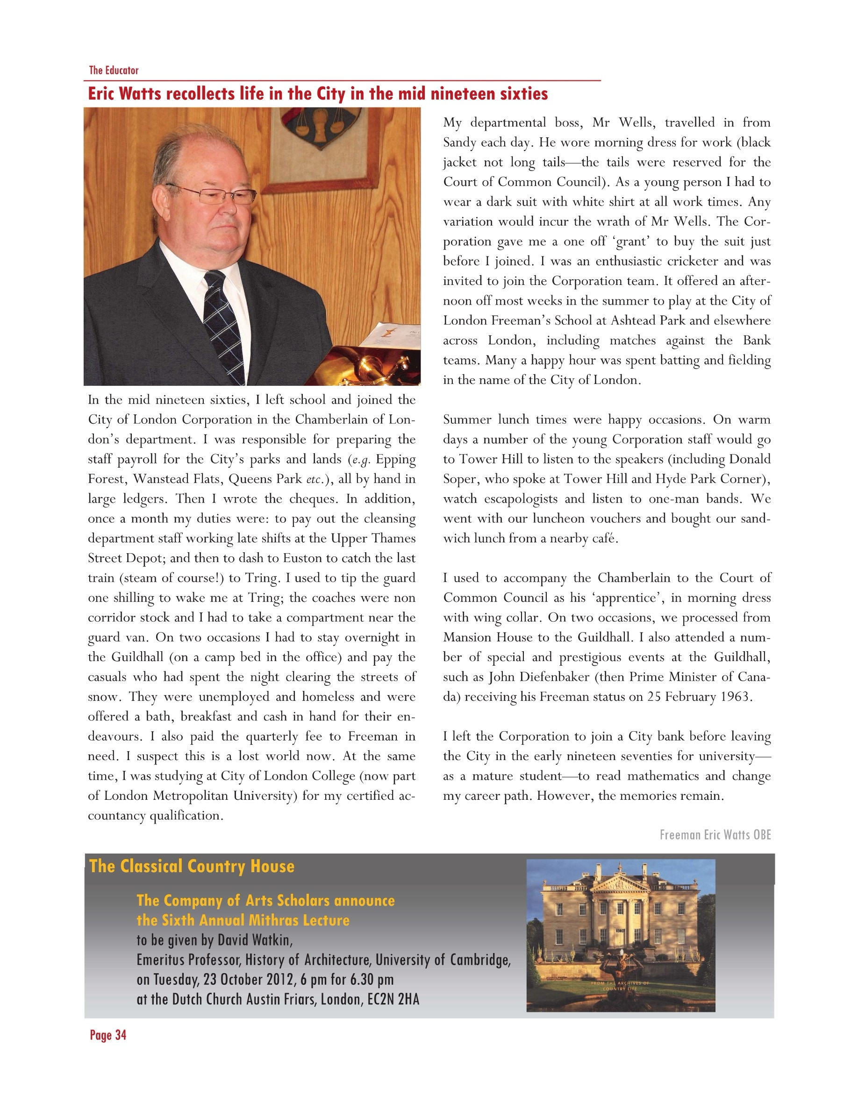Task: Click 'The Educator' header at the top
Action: click(x=114, y=70)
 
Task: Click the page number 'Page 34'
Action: click(x=108, y=1035)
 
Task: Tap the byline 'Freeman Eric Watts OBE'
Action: click(x=715, y=835)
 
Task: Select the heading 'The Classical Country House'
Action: click(x=192, y=867)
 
